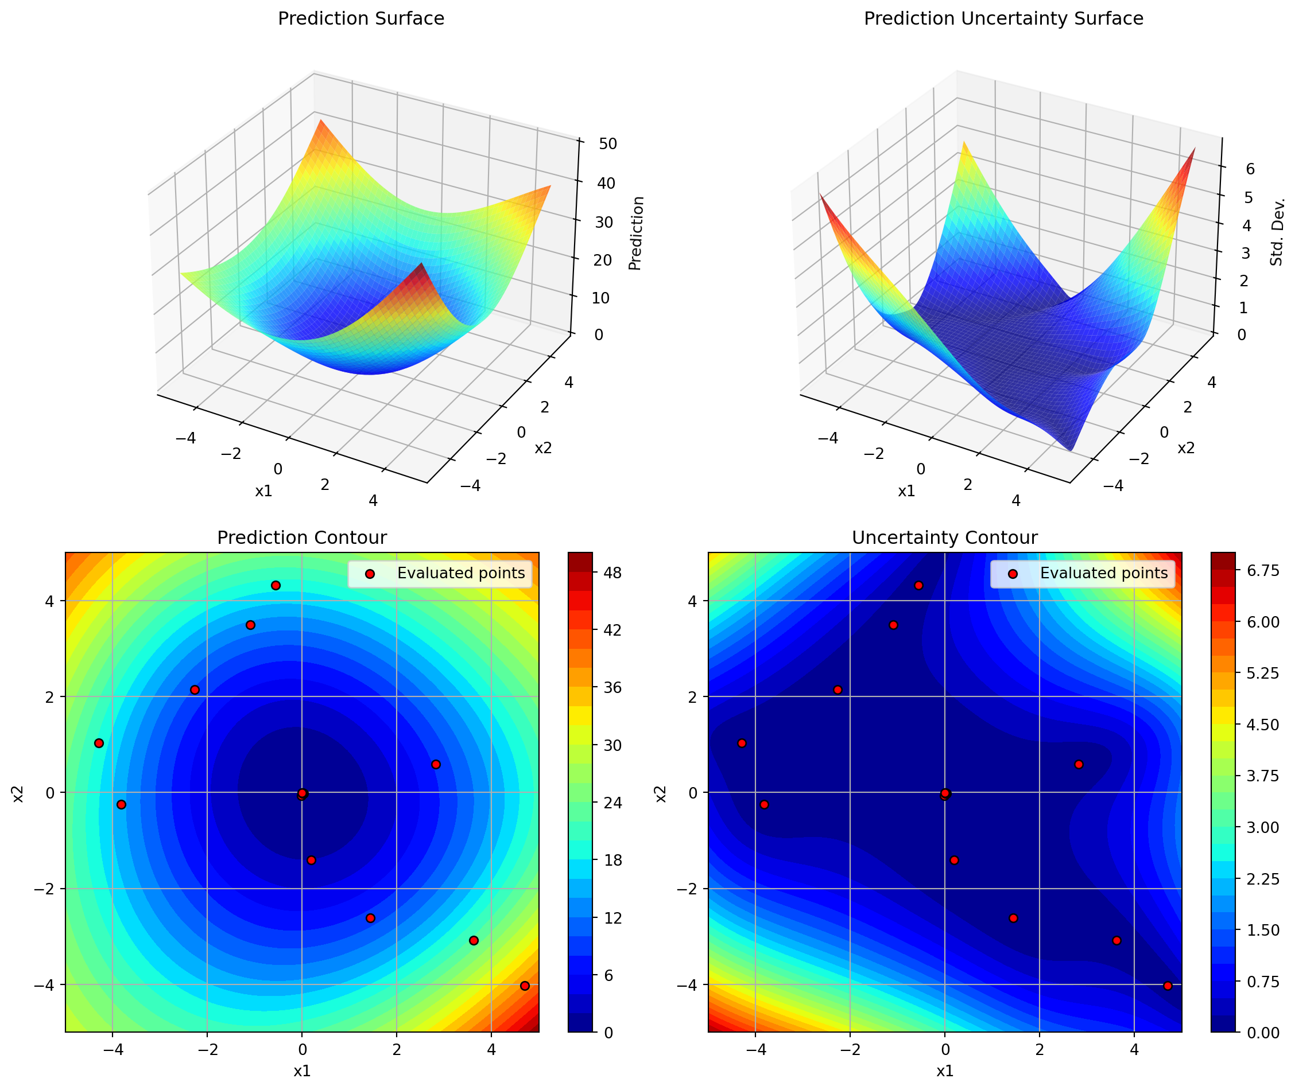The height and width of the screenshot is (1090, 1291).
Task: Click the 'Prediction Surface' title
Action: click(x=360, y=18)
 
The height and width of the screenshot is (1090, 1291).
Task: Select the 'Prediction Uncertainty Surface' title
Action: click(x=1003, y=18)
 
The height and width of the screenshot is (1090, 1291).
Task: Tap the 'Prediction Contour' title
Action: click(x=302, y=538)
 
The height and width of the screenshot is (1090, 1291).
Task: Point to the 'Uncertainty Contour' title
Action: click(x=944, y=538)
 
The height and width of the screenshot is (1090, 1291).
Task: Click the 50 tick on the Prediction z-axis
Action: click(x=607, y=144)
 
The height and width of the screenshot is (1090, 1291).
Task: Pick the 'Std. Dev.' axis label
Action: click(x=1277, y=232)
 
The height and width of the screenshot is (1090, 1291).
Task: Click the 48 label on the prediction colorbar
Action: click(x=612, y=573)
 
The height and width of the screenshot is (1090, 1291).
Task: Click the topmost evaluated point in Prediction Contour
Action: click(x=276, y=585)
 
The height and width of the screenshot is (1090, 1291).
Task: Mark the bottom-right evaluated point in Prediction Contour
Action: click(x=525, y=986)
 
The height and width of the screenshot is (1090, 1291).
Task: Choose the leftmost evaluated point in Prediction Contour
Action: click(x=99, y=743)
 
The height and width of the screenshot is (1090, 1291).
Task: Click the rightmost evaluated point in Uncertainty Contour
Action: click(x=1168, y=986)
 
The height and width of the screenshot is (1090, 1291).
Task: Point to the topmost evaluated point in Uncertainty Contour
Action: click(x=918, y=585)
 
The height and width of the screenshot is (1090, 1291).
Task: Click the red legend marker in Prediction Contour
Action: click(x=370, y=574)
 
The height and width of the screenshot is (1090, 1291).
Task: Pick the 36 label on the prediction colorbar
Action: click(x=612, y=687)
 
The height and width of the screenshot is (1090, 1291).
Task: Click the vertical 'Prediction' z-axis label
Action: click(x=636, y=233)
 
